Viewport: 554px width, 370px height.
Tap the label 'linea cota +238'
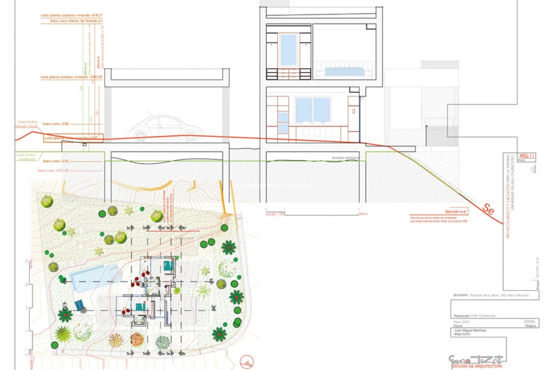[x=56, y=124]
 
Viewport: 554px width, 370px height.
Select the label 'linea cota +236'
[x=56, y=161]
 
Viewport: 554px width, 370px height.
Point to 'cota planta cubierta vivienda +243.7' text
[x=72, y=15]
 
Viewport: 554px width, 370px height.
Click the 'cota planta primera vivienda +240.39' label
[x=71, y=77]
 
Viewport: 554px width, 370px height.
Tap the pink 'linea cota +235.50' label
[x=53, y=171]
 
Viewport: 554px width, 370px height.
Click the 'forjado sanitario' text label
[x=345, y=158]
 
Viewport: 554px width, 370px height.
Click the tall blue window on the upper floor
[x=288, y=50]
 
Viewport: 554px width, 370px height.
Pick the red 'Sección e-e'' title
[x=456, y=212]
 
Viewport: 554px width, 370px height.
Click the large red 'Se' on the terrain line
[x=488, y=209]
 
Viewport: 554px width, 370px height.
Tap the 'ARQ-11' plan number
[x=527, y=156]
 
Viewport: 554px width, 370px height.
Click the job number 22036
[x=529, y=321]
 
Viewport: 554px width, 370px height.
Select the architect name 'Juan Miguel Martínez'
[x=470, y=330]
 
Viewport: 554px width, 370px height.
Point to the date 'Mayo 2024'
[x=461, y=322]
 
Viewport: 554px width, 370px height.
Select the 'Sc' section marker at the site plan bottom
[x=129, y=354]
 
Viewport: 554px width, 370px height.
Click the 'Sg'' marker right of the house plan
[x=214, y=307]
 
